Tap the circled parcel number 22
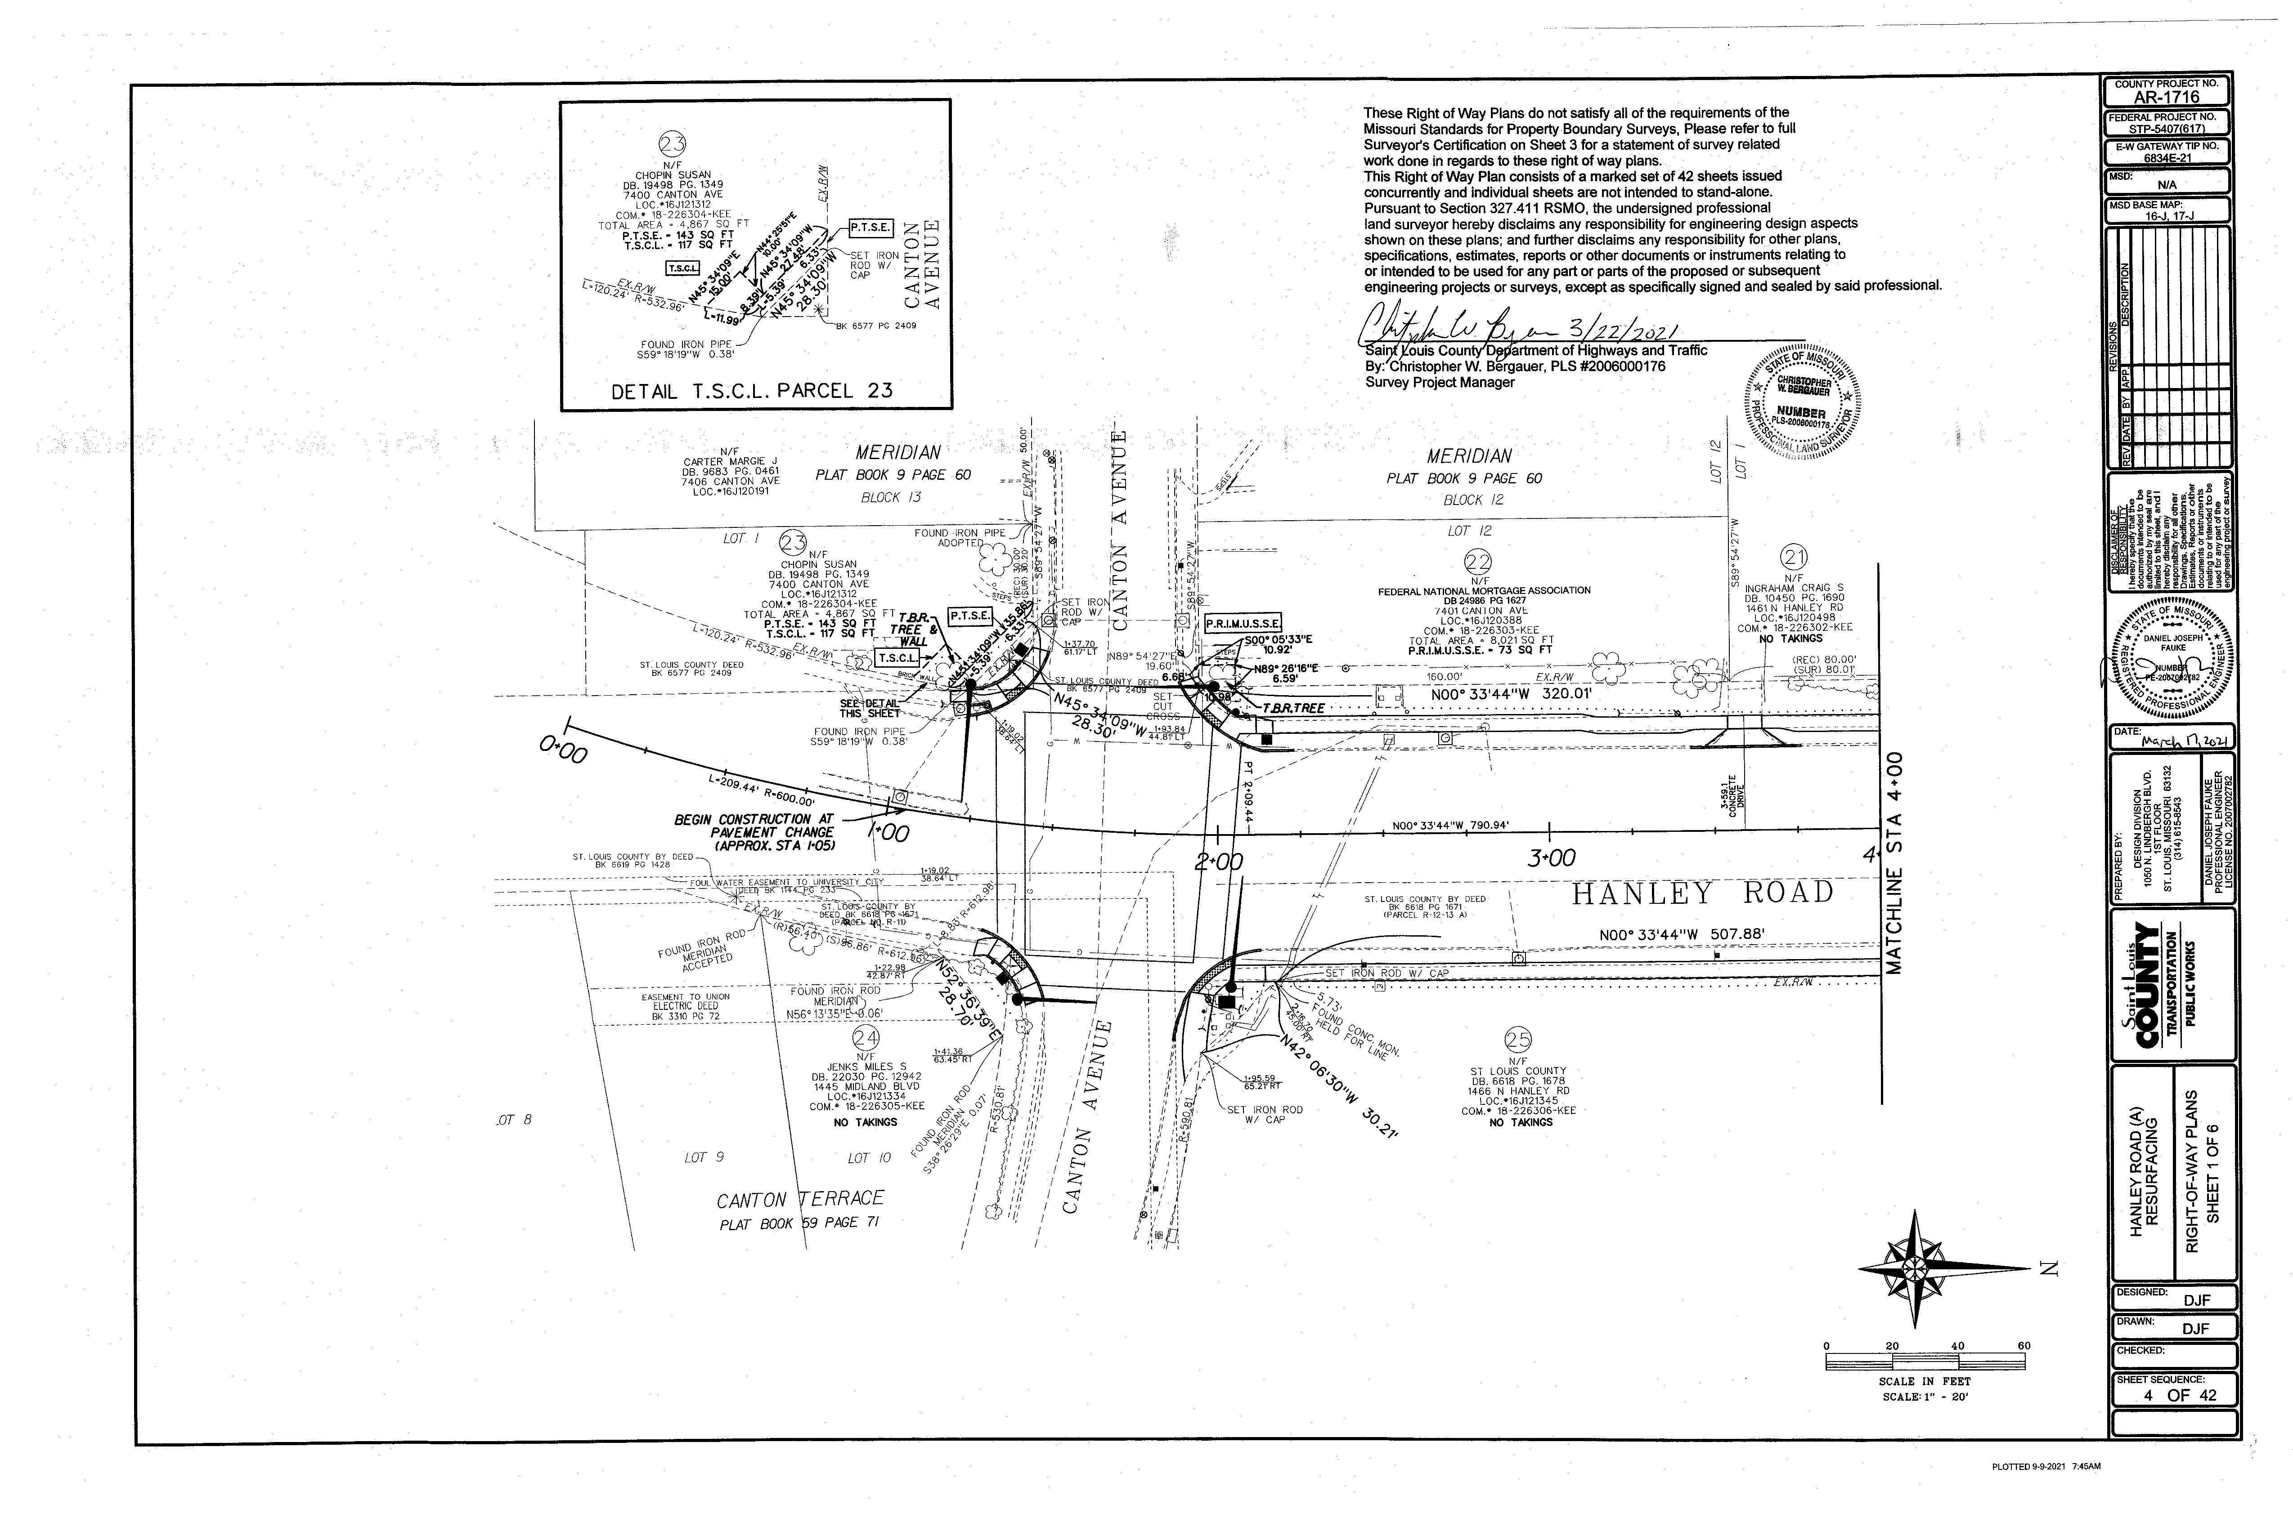(x=1479, y=562)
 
